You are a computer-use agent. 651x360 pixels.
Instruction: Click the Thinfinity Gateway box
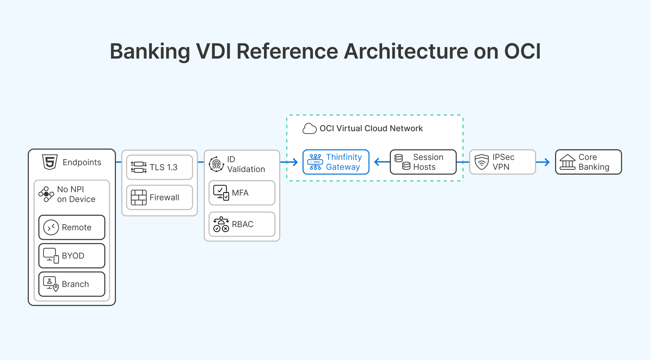pos(335,162)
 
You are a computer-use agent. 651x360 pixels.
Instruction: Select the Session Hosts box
pos(423,162)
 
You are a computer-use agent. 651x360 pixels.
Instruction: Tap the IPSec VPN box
pos(502,162)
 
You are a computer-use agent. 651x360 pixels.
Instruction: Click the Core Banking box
pos(588,162)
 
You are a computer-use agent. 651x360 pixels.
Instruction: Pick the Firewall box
pos(159,197)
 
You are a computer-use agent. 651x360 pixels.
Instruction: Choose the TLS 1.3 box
pos(159,167)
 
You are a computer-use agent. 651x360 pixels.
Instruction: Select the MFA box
pos(242,193)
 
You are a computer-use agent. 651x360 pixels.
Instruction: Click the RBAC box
pos(242,224)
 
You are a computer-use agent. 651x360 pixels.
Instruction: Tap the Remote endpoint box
pos(72,227)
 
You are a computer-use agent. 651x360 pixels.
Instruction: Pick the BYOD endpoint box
pos(72,256)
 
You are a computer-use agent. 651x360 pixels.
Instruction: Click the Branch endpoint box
pos(72,284)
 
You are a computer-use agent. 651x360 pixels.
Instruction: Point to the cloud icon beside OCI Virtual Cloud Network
pos(309,129)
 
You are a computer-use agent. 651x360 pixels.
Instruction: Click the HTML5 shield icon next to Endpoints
pos(50,162)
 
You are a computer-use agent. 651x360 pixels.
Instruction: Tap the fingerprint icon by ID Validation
pos(216,164)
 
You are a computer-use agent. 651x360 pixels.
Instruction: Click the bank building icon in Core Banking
pos(567,162)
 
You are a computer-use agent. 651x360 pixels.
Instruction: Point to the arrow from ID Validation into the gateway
pos(290,162)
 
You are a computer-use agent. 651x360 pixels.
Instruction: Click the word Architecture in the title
pos(406,51)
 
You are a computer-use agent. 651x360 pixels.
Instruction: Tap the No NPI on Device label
pos(76,194)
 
